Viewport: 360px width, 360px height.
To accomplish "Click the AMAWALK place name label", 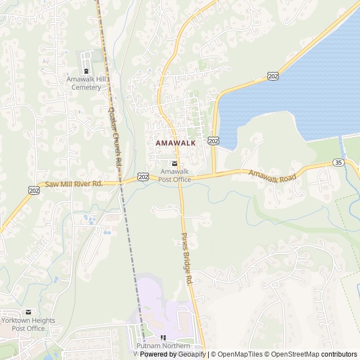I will pyautogui.click(x=175, y=143).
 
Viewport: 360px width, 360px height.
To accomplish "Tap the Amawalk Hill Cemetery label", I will pyautogui.click(x=86, y=83).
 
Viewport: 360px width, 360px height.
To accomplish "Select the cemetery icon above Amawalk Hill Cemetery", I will pyautogui.click(x=86, y=71).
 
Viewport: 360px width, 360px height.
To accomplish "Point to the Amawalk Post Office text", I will pyautogui.click(x=174, y=175).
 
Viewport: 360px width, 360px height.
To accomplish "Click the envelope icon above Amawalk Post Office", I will pyautogui.click(x=174, y=164).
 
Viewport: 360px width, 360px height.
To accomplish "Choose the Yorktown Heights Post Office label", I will pyautogui.click(x=28, y=324).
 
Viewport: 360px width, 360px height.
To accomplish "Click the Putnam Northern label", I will pyautogui.click(x=163, y=345).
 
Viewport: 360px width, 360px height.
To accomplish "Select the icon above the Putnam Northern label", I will pyautogui.click(x=163, y=337).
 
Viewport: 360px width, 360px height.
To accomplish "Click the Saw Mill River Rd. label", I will pyautogui.click(x=73, y=184).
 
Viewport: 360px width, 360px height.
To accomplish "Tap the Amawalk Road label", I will pyautogui.click(x=272, y=176).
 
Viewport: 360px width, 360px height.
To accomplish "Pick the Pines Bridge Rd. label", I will pyautogui.click(x=187, y=258).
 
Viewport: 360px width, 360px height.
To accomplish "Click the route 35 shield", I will pyautogui.click(x=338, y=163).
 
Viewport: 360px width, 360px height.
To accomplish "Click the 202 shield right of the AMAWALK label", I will pyautogui.click(x=213, y=140).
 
